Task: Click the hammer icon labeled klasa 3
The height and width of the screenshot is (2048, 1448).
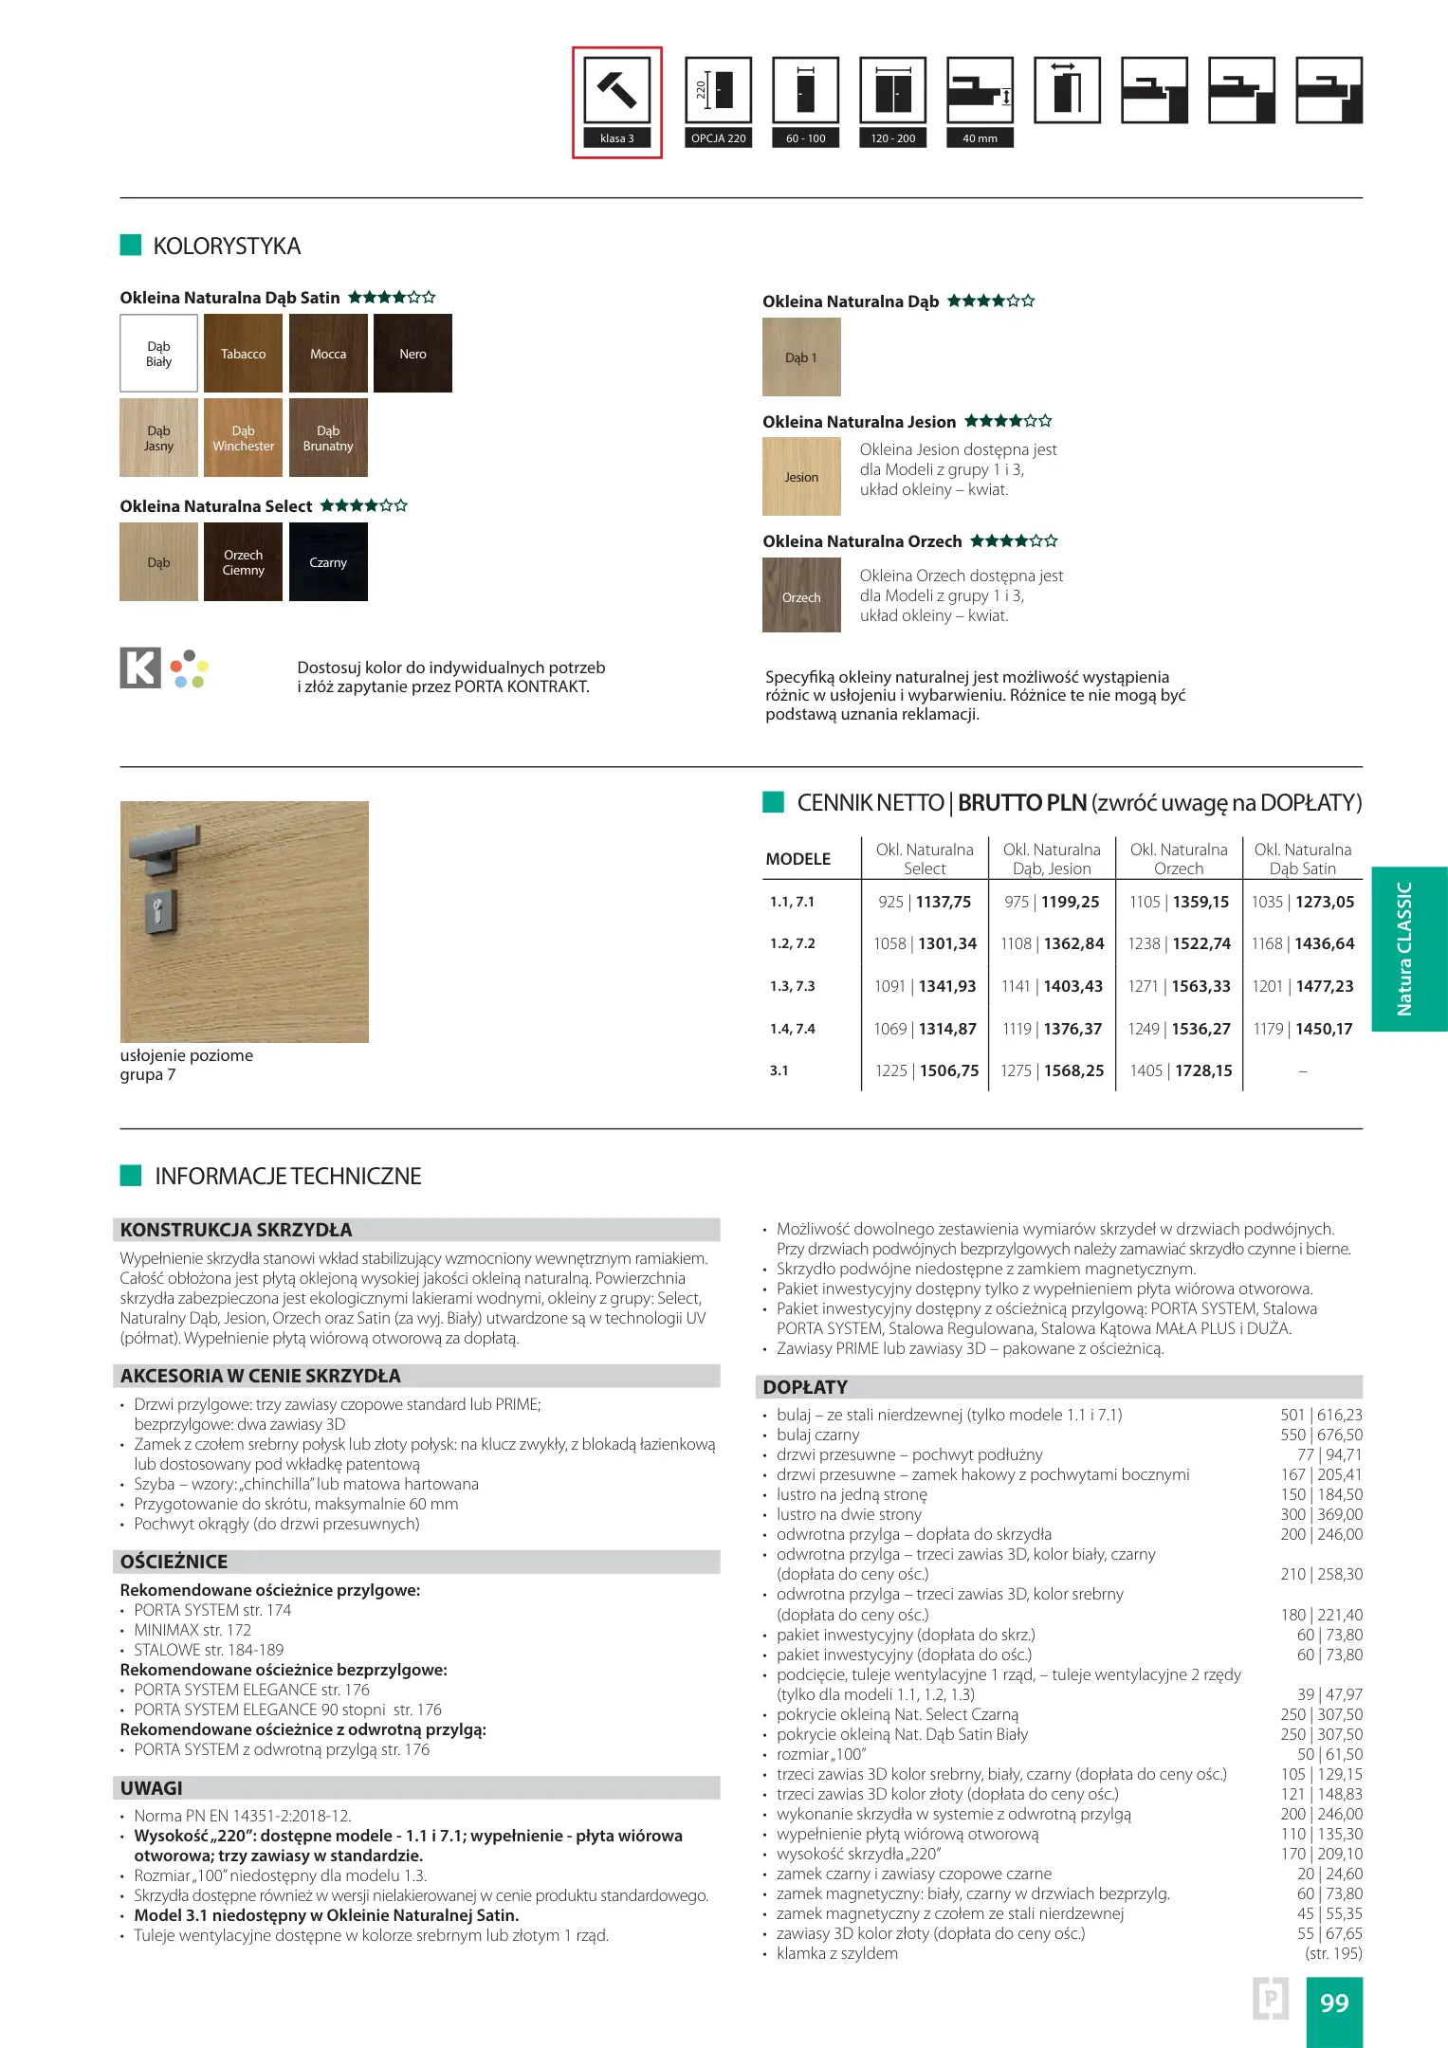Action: coord(617,90)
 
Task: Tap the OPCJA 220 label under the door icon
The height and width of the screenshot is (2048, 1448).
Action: coord(718,138)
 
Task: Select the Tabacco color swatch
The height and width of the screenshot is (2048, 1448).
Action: coord(243,354)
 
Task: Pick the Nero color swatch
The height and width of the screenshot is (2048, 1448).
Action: coord(412,354)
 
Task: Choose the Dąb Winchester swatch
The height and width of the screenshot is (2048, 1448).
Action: coord(243,438)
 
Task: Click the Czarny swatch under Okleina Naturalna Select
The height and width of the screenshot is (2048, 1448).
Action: coord(328,562)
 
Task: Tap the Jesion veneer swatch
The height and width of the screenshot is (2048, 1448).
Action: coord(801,477)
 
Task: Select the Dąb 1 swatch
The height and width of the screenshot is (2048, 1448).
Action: coord(801,357)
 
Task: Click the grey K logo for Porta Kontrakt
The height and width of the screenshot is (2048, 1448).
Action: coord(140,667)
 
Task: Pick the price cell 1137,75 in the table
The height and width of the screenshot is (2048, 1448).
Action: coord(944,902)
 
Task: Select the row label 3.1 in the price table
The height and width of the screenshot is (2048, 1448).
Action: coord(779,1070)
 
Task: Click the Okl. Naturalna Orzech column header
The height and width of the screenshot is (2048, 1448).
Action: coord(1179,859)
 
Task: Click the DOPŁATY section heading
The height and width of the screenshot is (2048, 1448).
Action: coord(805,1387)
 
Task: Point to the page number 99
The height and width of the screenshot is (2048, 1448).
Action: coord(1334,2002)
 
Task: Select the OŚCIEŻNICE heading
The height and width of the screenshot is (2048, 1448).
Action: coord(174,1562)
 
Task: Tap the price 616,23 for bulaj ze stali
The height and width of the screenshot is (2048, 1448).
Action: coord(1340,1415)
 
